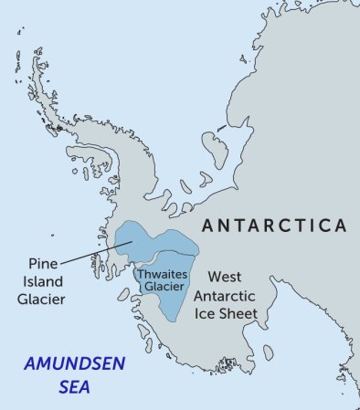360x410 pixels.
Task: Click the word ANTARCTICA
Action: tap(273, 226)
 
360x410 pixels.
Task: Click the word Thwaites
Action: tap(161, 271)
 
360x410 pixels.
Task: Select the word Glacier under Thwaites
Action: tap(161, 286)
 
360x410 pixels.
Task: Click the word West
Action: tap(225, 275)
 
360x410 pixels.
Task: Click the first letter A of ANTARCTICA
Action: tap(206, 226)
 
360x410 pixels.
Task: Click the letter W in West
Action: tap(214, 275)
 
